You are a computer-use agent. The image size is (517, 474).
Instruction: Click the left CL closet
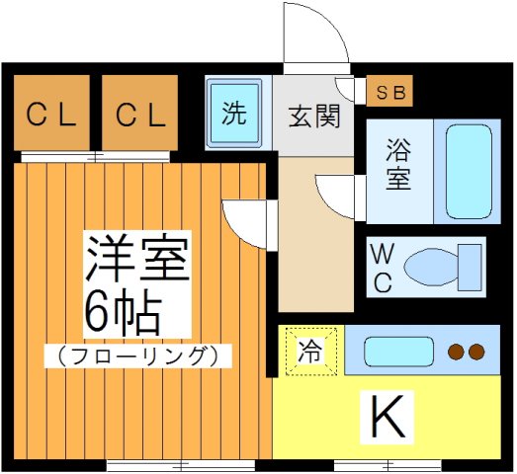point(51,116)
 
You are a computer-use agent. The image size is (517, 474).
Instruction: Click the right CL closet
point(141,116)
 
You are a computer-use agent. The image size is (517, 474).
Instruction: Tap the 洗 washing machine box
point(233,114)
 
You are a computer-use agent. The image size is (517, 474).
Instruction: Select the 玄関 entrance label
point(314,117)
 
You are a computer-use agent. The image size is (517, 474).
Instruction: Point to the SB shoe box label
point(391,92)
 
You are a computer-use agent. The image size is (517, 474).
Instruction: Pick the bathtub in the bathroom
point(467,171)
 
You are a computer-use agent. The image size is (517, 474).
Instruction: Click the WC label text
point(382,268)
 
